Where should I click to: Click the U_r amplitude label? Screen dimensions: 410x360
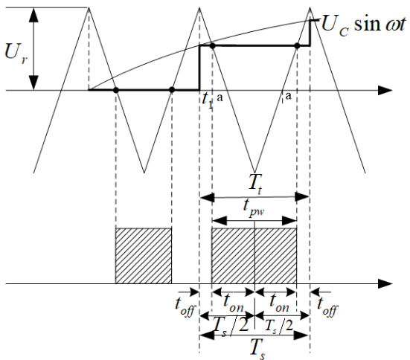tap(16, 54)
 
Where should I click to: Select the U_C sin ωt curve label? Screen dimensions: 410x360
tap(363, 24)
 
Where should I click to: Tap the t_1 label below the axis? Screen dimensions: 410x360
tap(208, 100)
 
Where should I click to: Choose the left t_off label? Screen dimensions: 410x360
tap(185, 306)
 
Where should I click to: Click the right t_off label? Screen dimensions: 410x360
tap(327, 306)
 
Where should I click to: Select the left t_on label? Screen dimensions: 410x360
tap(233, 303)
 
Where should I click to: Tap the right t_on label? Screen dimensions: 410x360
tap(279, 303)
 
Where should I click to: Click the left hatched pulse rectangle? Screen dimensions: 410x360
tap(144, 256)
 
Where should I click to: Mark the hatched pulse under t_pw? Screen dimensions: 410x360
tap(254, 256)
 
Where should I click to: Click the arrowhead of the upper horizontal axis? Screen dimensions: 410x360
tap(385, 90)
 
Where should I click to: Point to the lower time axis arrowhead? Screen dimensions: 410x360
tap(385, 283)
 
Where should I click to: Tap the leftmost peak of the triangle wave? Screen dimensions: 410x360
tap(89, 8)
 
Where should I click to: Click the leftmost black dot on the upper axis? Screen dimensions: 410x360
tap(116, 90)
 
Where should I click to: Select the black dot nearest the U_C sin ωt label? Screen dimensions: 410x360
tap(297, 46)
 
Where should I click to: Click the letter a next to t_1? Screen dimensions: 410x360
tap(220, 97)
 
